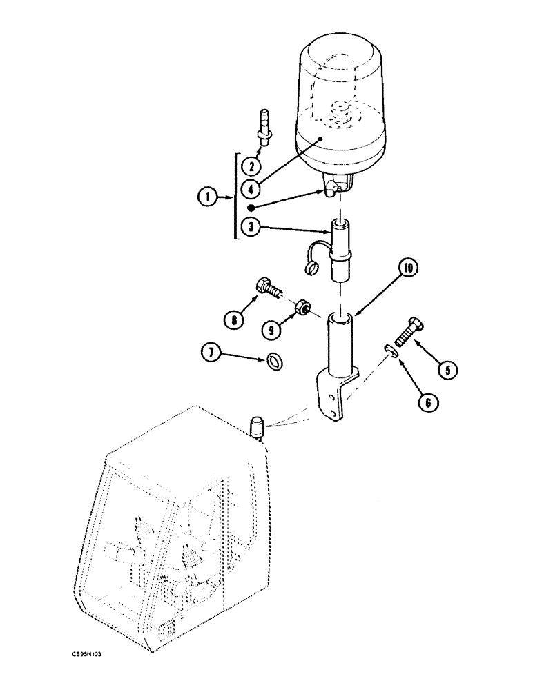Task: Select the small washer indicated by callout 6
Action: (x=389, y=351)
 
